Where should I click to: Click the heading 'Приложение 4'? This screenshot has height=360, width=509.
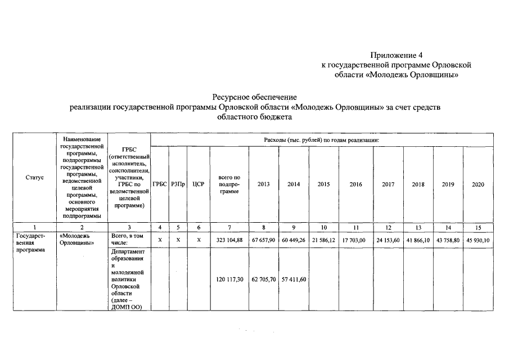pos(396,55)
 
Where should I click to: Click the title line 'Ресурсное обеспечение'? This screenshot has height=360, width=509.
pos(254,97)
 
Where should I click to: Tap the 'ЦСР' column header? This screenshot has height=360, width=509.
pos(198,184)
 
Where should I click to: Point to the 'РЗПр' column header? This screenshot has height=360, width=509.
pos(178,184)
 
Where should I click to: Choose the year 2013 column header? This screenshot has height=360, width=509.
pos(263,184)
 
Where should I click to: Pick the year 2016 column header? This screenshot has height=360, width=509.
pos(355,184)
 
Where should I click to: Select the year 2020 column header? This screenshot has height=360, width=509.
pos(478,184)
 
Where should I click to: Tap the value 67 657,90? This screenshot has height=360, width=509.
pos(263,240)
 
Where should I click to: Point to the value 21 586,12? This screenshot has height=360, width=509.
pos(323,240)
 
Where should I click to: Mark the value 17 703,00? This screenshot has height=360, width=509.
pos(354,240)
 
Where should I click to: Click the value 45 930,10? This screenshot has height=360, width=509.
pos(478,240)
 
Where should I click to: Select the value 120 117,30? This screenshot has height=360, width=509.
pos(228,279)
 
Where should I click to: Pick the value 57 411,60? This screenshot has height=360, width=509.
pos(293,279)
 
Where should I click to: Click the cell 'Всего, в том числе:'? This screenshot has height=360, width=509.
pos(128,240)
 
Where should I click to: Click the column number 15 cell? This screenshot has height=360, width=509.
pos(478,227)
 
